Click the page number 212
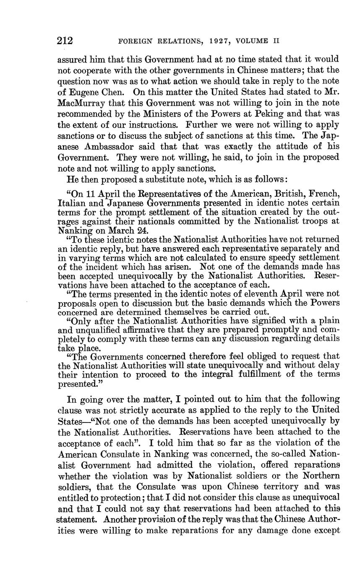tap(65, 41)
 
